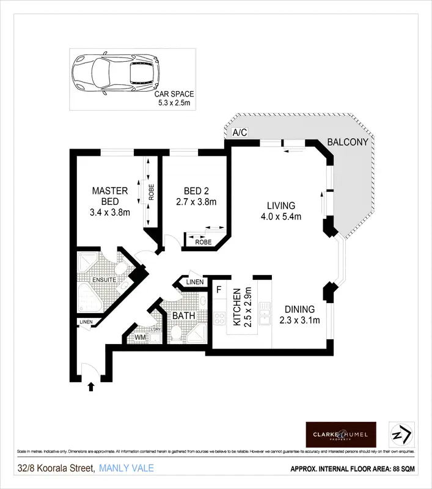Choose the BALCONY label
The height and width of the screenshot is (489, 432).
point(348,142)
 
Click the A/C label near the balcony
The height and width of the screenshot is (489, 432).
point(239,133)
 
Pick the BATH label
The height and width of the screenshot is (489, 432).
point(183,316)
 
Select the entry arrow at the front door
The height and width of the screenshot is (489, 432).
point(91,386)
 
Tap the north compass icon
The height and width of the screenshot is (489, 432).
point(402,433)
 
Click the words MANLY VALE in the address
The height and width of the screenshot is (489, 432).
point(126,469)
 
